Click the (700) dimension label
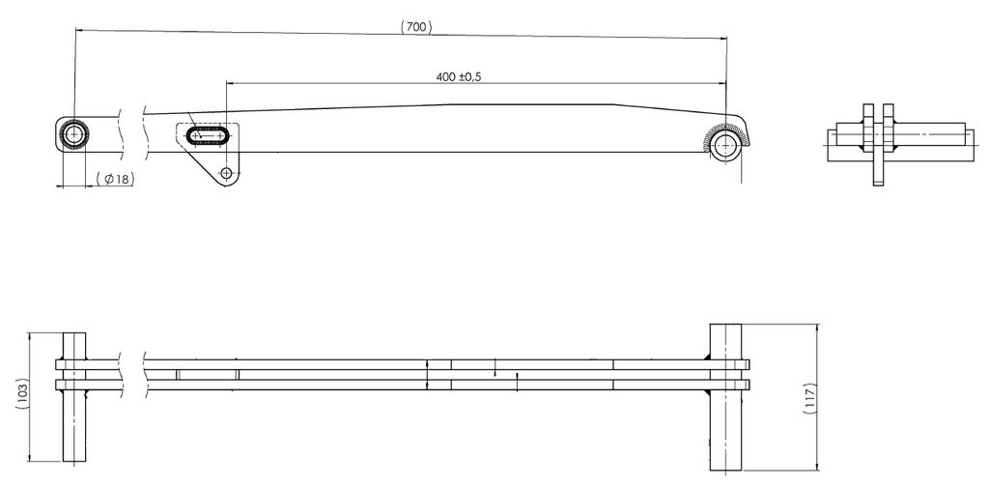click(x=415, y=26)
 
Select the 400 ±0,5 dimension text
click(x=459, y=77)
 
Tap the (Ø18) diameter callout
click(x=116, y=179)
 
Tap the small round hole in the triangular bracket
click(x=226, y=173)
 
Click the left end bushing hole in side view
click(x=74, y=134)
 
